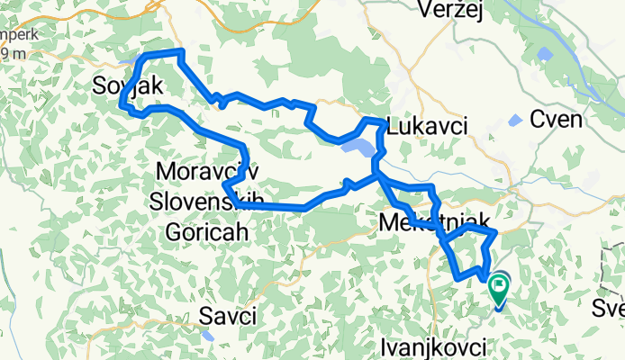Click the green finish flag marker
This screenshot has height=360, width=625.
point(498,289)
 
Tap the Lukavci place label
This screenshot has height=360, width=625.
point(427,127)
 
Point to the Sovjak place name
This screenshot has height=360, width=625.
point(127,86)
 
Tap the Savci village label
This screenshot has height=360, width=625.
point(229,316)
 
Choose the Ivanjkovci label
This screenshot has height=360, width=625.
point(434,346)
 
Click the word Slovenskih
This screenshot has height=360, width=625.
point(204,200)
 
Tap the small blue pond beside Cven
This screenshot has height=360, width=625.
point(514,121)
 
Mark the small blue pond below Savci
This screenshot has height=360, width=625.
point(209,335)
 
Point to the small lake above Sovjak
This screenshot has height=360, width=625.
point(127,63)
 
